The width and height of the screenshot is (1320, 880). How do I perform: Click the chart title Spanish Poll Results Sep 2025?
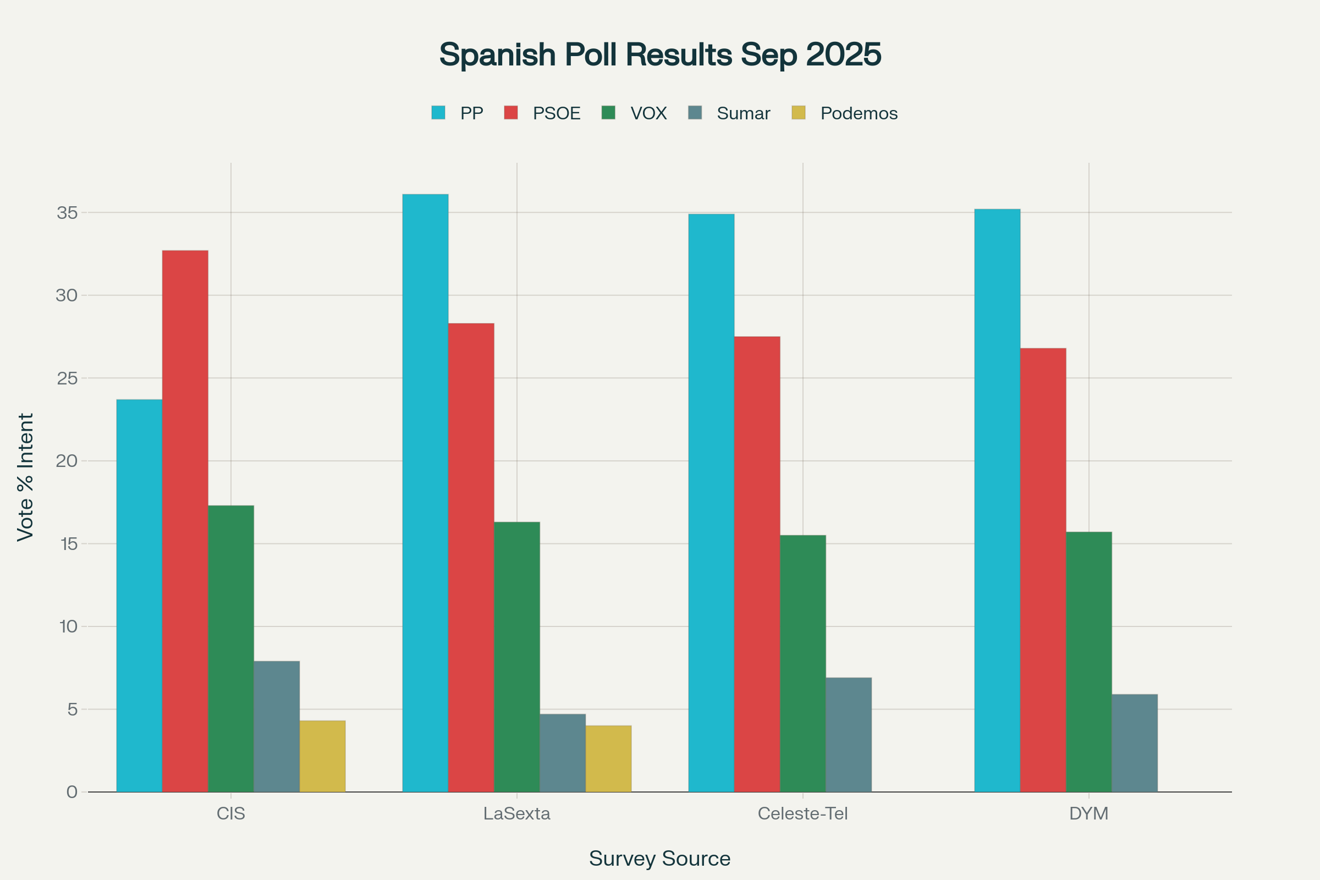(x=660, y=54)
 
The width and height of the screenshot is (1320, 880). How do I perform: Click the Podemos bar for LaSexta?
(x=608, y=759)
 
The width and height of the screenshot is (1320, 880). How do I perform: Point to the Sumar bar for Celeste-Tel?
(x=848, y=735)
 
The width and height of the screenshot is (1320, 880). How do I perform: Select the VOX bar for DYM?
(x=1088, y=662)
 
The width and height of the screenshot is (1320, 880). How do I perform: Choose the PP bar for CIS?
(x=139, y=596)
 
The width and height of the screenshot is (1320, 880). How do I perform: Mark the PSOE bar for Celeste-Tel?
(x=757, y=564)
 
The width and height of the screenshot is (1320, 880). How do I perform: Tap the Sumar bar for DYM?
(x=1134, y=743)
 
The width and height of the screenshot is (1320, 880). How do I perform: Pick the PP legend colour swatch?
(x=438, y=113)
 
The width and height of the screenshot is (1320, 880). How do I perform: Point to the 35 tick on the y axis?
(x=67, y=213)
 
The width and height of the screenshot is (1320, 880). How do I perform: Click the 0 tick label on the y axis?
(x=72, y=792)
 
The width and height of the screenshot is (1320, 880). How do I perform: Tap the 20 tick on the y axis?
(x=67, y=461)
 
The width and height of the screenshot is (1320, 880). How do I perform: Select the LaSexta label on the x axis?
(x=516, y=814)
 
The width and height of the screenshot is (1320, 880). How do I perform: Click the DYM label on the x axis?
(x=1088, y=814)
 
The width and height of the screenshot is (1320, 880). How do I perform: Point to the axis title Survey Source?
(x=659, y=859)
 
